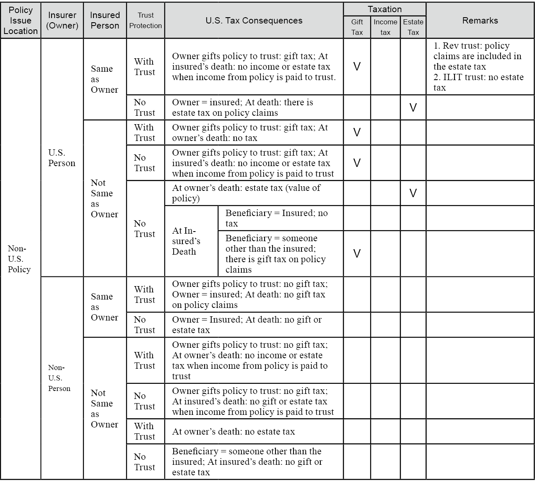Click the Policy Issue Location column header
21,21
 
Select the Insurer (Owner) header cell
62,21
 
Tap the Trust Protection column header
145,21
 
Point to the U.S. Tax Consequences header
254,21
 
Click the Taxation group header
384,9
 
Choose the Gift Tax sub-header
357,27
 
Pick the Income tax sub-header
385,27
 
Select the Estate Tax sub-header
413,27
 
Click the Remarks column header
480,21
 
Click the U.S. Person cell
62,158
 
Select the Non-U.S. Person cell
59,378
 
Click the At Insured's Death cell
186,241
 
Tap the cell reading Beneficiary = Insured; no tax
277,218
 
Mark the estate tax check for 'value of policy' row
413,193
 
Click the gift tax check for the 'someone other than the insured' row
357,253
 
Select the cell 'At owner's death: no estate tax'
234,432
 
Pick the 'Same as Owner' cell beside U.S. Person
104,79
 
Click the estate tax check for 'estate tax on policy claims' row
413,108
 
